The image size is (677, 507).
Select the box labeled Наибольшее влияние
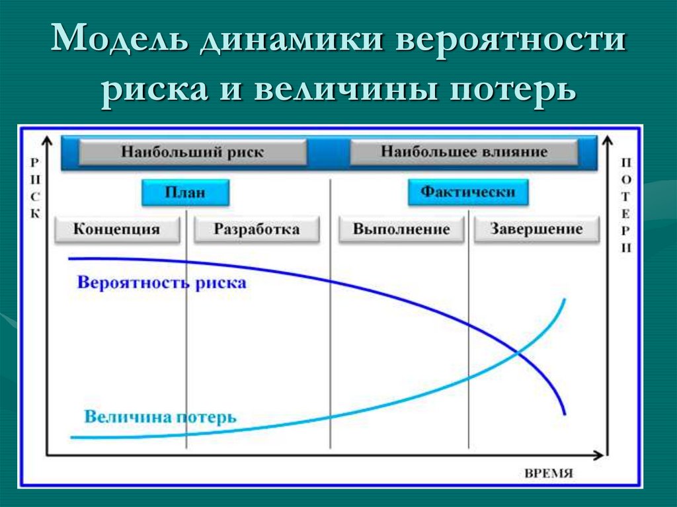point(463,152)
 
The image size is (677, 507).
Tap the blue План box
point(185,193)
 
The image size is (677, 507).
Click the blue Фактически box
point(467,192)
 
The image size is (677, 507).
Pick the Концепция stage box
point(117,229)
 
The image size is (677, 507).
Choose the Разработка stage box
point(257,229)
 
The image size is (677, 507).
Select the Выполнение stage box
point(401,229)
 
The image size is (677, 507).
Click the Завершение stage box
point(536,229)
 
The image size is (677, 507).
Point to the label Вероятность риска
point(161,283)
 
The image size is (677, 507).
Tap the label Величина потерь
point(160,417)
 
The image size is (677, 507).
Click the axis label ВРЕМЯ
point(548,473)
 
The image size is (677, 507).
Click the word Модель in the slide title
point(120,43)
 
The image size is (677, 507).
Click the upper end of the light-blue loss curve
point(565,300)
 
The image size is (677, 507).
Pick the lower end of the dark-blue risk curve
point(565,414)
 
